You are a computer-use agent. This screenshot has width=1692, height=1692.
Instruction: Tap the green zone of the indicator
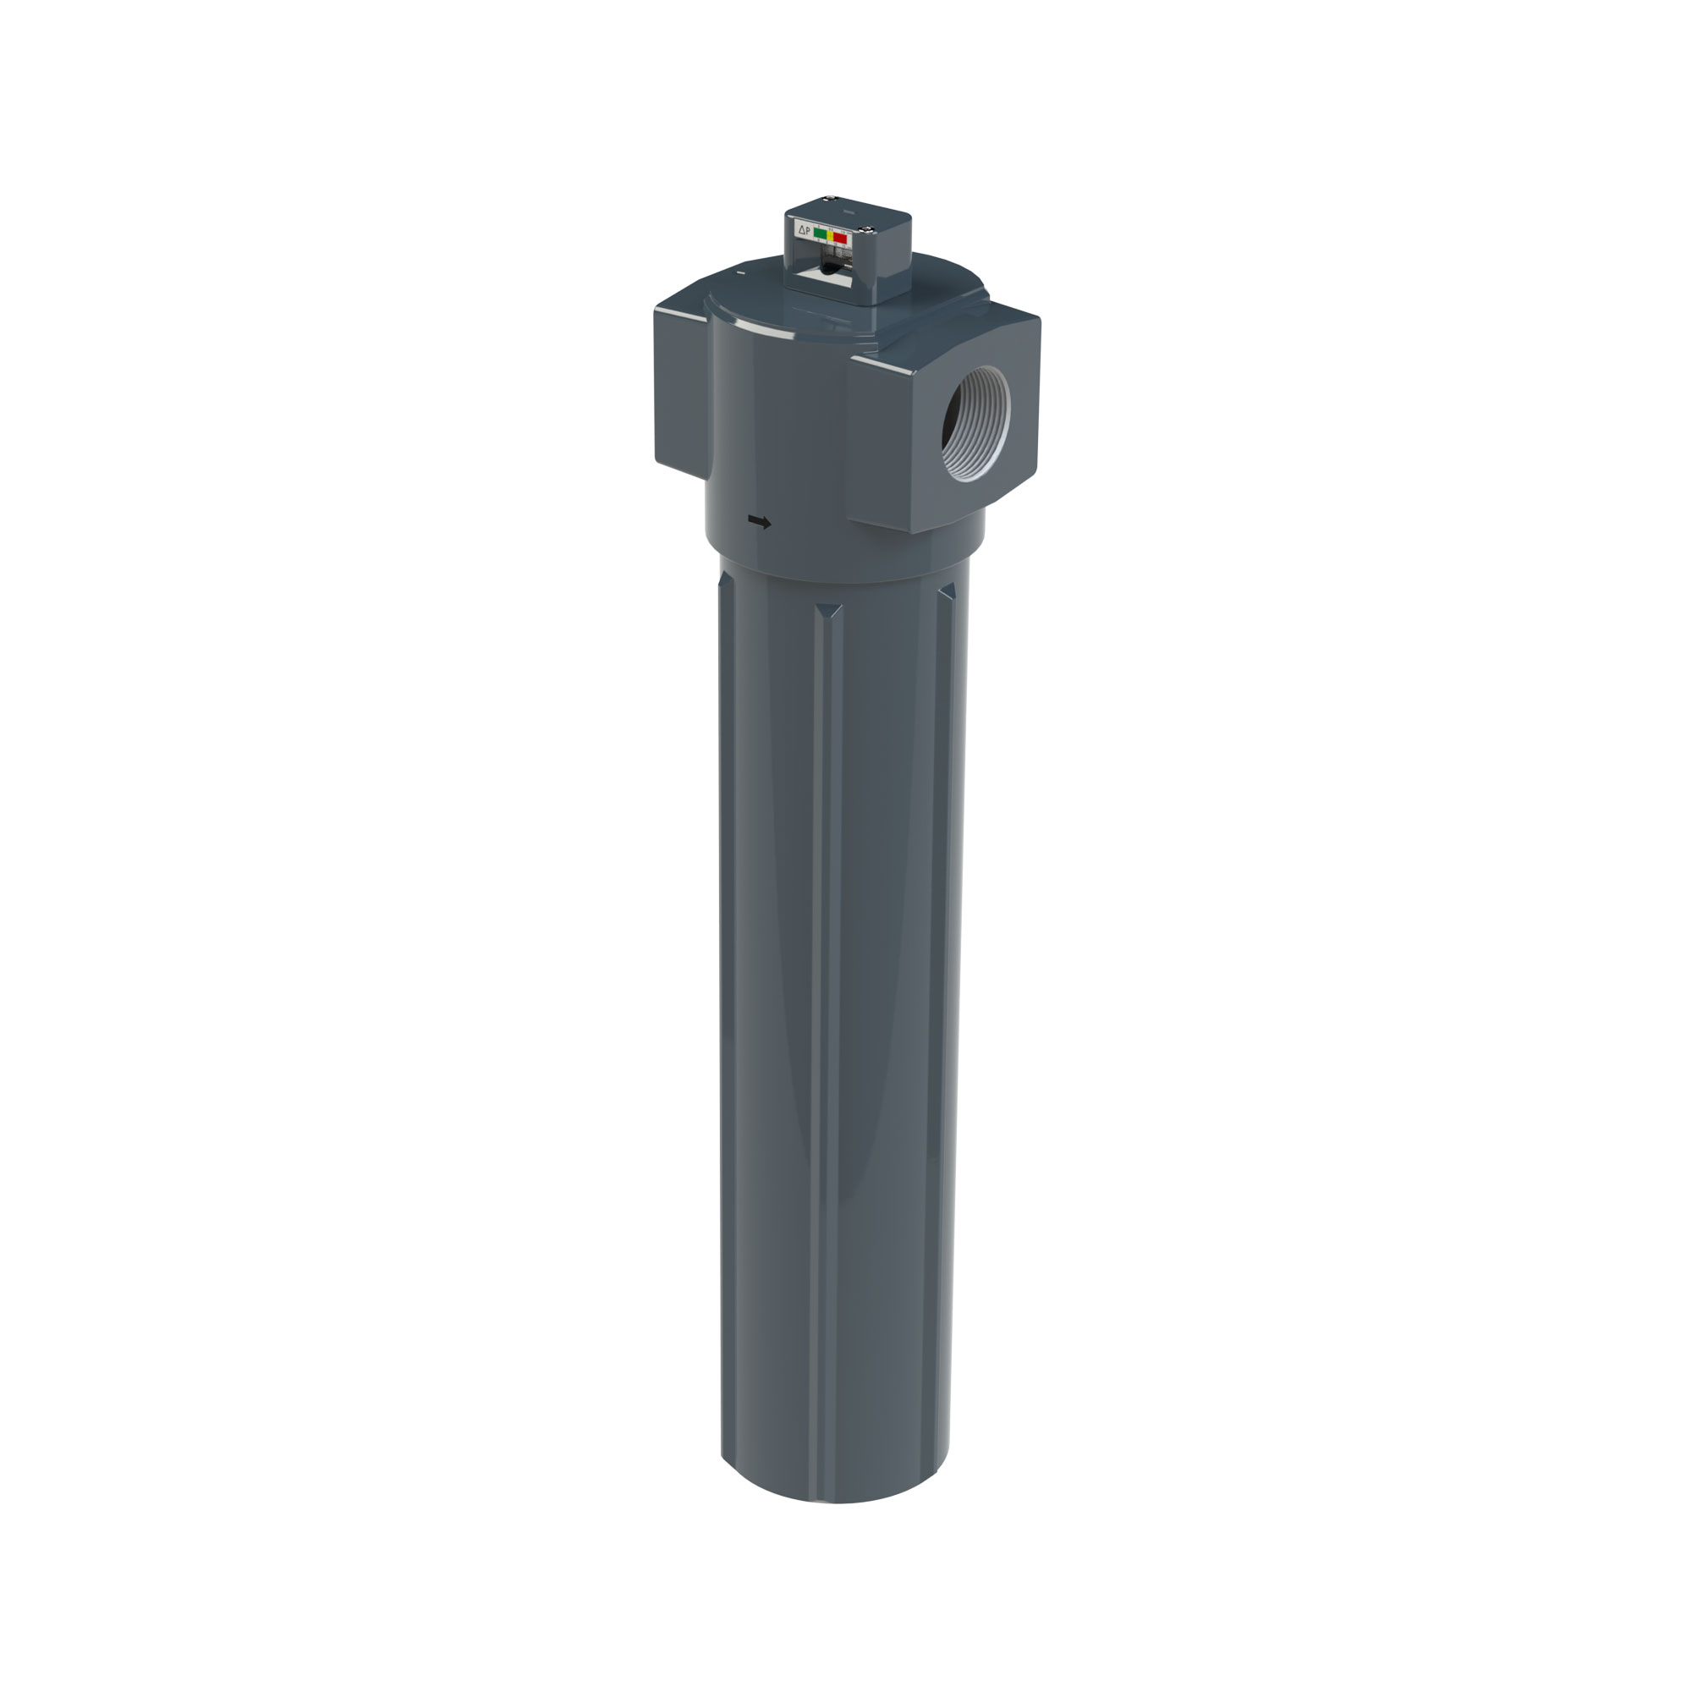(x=821, y=233)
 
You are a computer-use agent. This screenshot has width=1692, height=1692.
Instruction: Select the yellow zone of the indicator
(x=830, y=235)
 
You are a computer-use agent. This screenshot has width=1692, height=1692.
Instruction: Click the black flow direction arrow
(x=761, y=522)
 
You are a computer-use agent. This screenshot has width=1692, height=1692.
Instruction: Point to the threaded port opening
(x=975, y=423)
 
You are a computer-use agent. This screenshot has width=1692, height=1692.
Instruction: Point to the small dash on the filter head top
(x=741, y=273)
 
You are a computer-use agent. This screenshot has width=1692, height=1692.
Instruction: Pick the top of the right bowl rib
(x=949, y=591)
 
